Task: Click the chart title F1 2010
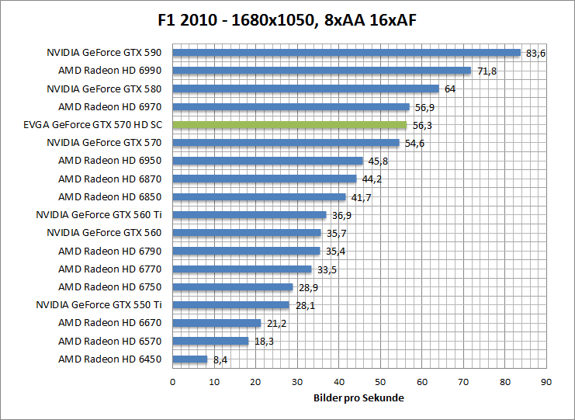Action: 287,19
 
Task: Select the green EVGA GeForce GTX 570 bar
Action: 289,125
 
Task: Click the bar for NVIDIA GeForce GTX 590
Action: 346,53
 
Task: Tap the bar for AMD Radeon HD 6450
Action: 190,359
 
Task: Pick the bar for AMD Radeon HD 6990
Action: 321,71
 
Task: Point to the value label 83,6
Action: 536,54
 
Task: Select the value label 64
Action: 450,89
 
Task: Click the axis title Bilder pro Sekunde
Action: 359,397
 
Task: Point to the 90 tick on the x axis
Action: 546,382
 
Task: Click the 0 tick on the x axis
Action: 172,382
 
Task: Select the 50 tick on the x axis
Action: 380,382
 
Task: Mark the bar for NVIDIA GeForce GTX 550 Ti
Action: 230,305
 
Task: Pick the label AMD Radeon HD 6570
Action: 110,341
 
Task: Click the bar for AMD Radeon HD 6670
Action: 216,323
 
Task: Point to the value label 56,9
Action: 424,107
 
